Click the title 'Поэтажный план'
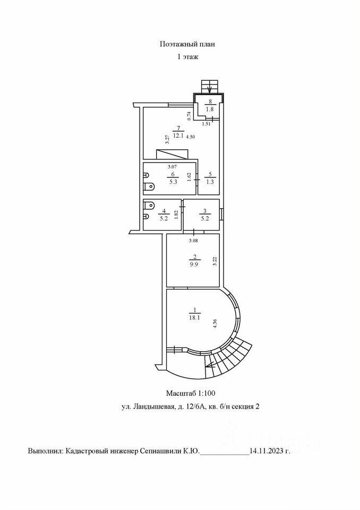tap(187, 44)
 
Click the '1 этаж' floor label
tap(187, 57)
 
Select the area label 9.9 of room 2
tap(194, 265)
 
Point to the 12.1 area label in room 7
tap(178, 135)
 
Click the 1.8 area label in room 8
tap(210, 109)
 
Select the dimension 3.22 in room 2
tap(215, 261)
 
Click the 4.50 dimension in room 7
tap(191, 137)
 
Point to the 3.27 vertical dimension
tap(167, 139)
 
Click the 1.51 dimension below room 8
tap(206, 124)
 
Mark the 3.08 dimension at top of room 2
tap(194, 241)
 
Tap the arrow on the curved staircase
tap(212, 365)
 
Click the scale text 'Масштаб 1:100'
tap(191, 393)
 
